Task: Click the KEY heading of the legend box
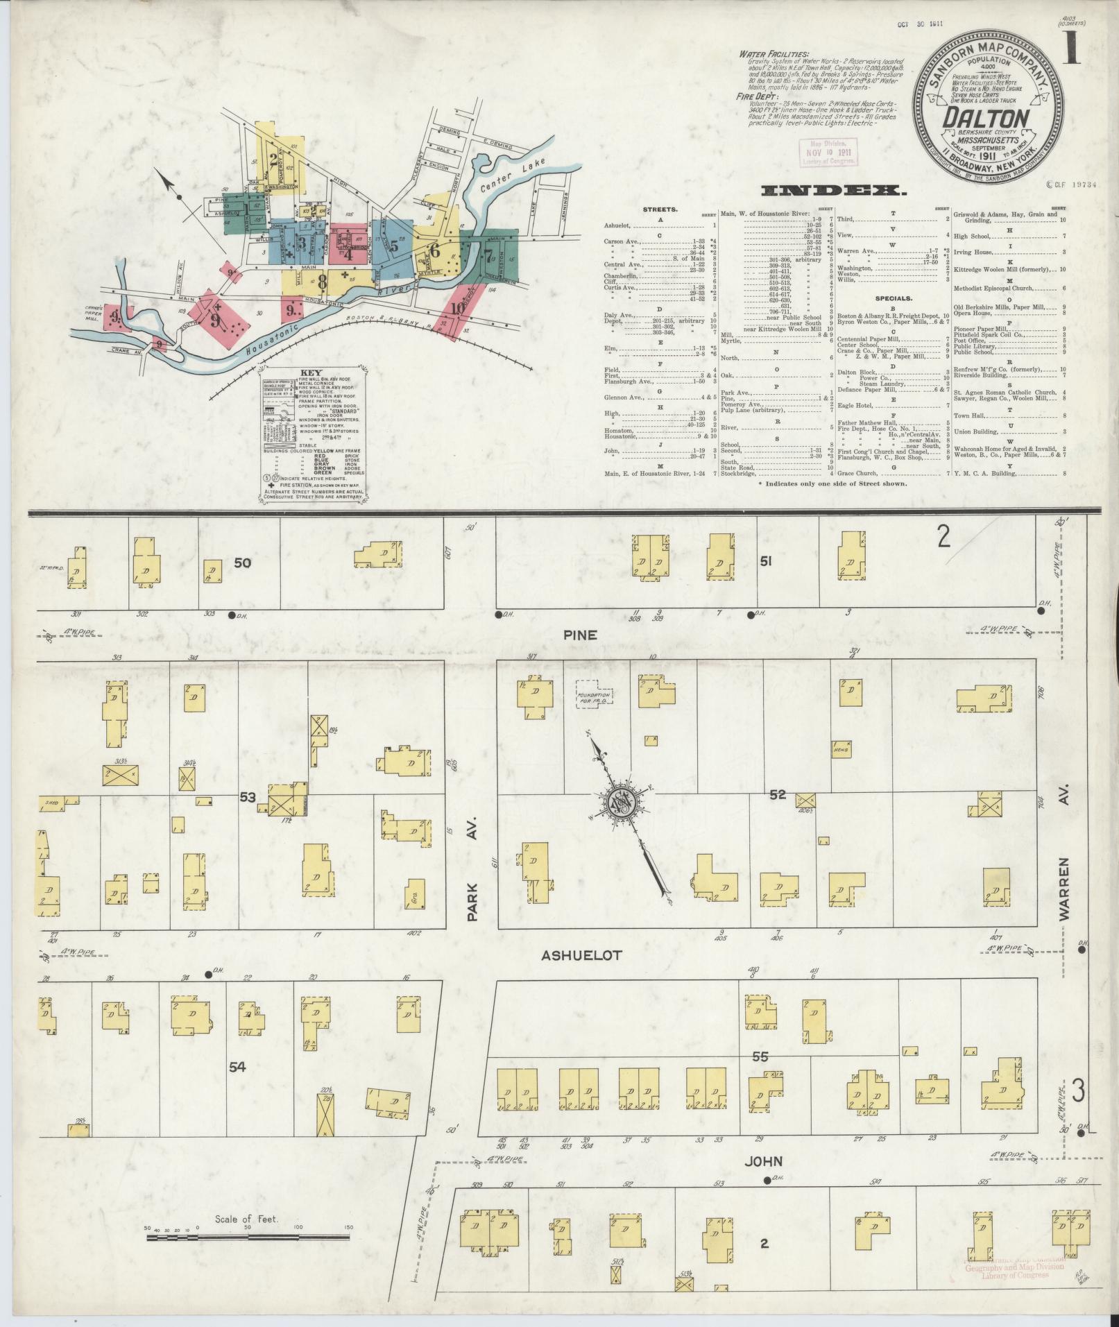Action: point(313,373)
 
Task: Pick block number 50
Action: point(242,563)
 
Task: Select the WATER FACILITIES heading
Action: point(773,53)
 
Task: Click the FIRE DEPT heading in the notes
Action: point(754,97)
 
